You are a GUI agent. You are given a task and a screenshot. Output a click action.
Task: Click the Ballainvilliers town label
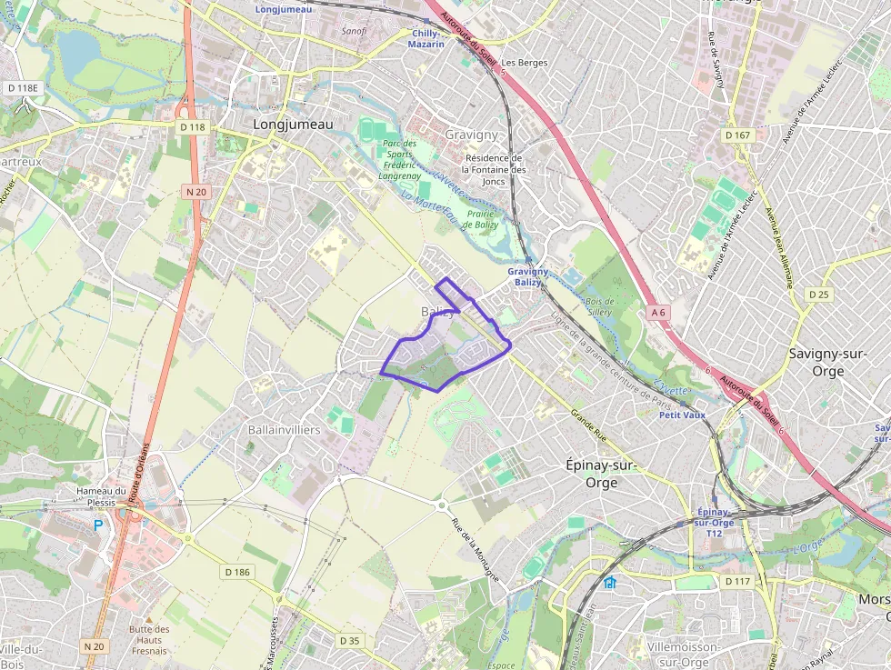284,429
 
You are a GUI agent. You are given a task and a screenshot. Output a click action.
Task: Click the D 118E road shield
23,88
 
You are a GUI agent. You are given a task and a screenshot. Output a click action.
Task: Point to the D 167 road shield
737,135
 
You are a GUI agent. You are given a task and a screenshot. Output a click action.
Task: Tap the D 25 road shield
819,294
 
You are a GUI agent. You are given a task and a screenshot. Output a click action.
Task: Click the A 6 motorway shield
658,312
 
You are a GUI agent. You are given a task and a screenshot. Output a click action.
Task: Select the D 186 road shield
236,572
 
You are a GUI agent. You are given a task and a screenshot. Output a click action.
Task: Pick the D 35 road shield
350,641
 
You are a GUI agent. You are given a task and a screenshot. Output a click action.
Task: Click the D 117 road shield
737,581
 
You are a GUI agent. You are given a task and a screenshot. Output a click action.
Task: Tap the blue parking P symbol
97,525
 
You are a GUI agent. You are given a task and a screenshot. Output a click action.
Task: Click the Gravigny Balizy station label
528,276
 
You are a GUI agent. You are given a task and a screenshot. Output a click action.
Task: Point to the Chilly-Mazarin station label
425,38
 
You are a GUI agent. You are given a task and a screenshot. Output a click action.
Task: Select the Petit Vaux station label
682,415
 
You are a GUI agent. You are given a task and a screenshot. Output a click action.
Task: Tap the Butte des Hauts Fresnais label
149,640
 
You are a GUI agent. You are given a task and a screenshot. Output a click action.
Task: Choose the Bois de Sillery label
600,306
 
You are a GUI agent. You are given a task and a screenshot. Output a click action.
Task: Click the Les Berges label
526,63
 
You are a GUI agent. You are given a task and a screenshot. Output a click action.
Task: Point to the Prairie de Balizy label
481,219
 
